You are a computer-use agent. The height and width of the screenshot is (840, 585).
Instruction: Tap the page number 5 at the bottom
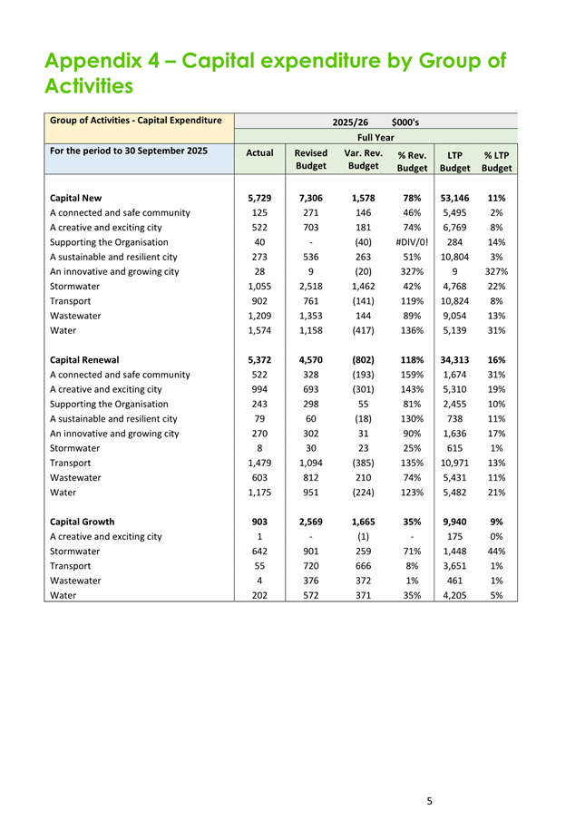429,801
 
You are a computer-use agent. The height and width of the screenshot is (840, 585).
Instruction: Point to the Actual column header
259,153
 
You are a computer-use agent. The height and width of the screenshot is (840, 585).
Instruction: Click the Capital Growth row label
83,522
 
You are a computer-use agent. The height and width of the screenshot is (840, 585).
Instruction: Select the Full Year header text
375,137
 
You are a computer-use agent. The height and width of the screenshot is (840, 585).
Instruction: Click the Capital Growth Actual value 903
259,522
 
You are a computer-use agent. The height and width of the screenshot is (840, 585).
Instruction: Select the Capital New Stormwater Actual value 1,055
259,286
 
